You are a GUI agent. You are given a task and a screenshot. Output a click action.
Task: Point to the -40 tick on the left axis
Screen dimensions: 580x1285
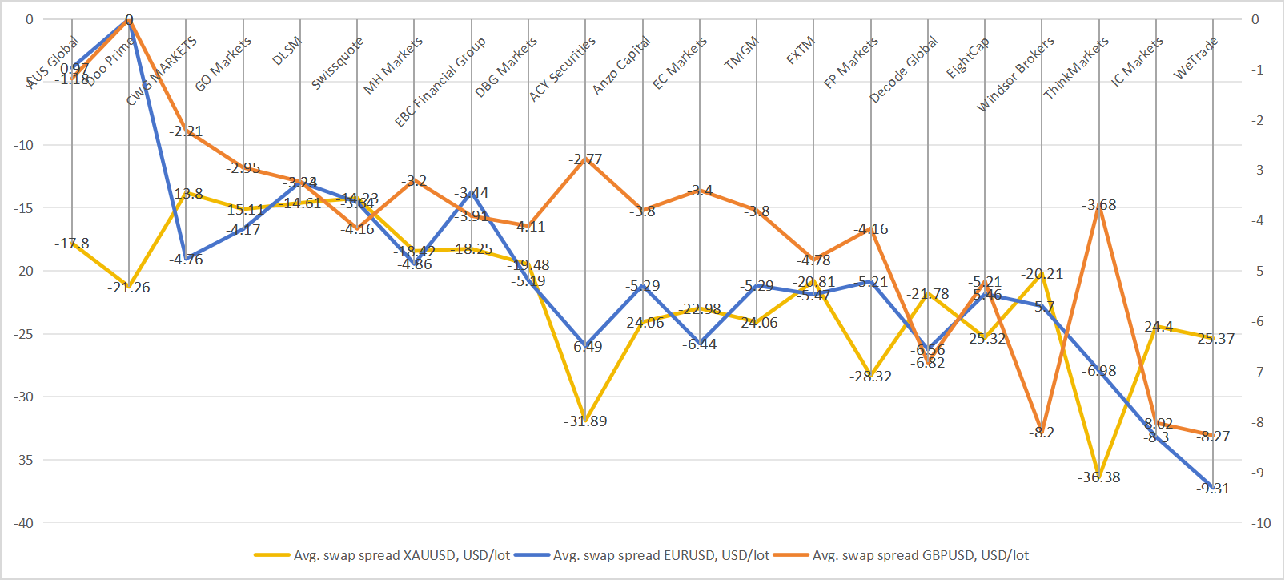click(x=23, y=523)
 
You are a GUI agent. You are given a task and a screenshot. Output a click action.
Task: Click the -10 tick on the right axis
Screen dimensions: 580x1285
click(x=1261, y=523)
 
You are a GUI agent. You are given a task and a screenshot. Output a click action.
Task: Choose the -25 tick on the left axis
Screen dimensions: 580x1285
click(x=23, y=334)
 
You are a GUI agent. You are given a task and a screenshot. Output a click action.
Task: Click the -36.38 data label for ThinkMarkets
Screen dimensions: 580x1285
click(x=1098, y=477)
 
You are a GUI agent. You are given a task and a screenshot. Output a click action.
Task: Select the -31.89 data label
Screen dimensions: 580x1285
click(x=585, y=421)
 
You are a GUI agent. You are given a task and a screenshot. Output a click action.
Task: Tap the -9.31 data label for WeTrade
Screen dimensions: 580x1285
click(x=1213, y=489)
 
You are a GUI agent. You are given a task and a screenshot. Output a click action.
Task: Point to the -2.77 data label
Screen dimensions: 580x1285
click(x=585, y=159)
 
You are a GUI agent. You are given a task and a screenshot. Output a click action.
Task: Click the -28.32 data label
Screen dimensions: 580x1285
click(x=871, y=377)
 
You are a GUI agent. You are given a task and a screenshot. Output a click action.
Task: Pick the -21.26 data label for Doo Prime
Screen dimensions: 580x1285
click(x=129, y=288)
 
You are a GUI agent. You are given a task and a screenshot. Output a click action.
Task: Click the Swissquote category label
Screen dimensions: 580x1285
click(x=337, y=62)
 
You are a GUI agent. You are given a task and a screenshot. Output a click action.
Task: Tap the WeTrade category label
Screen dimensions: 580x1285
click(x=1195, y=58)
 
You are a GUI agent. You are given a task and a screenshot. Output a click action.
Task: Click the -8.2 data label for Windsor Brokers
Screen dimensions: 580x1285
click(x=1042, y=433)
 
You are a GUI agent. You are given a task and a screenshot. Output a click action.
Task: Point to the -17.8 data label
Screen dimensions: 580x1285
click(x=72, y=244)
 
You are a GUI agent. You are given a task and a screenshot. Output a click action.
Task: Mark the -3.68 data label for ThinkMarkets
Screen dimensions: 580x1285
click(x=1099, y=205)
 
